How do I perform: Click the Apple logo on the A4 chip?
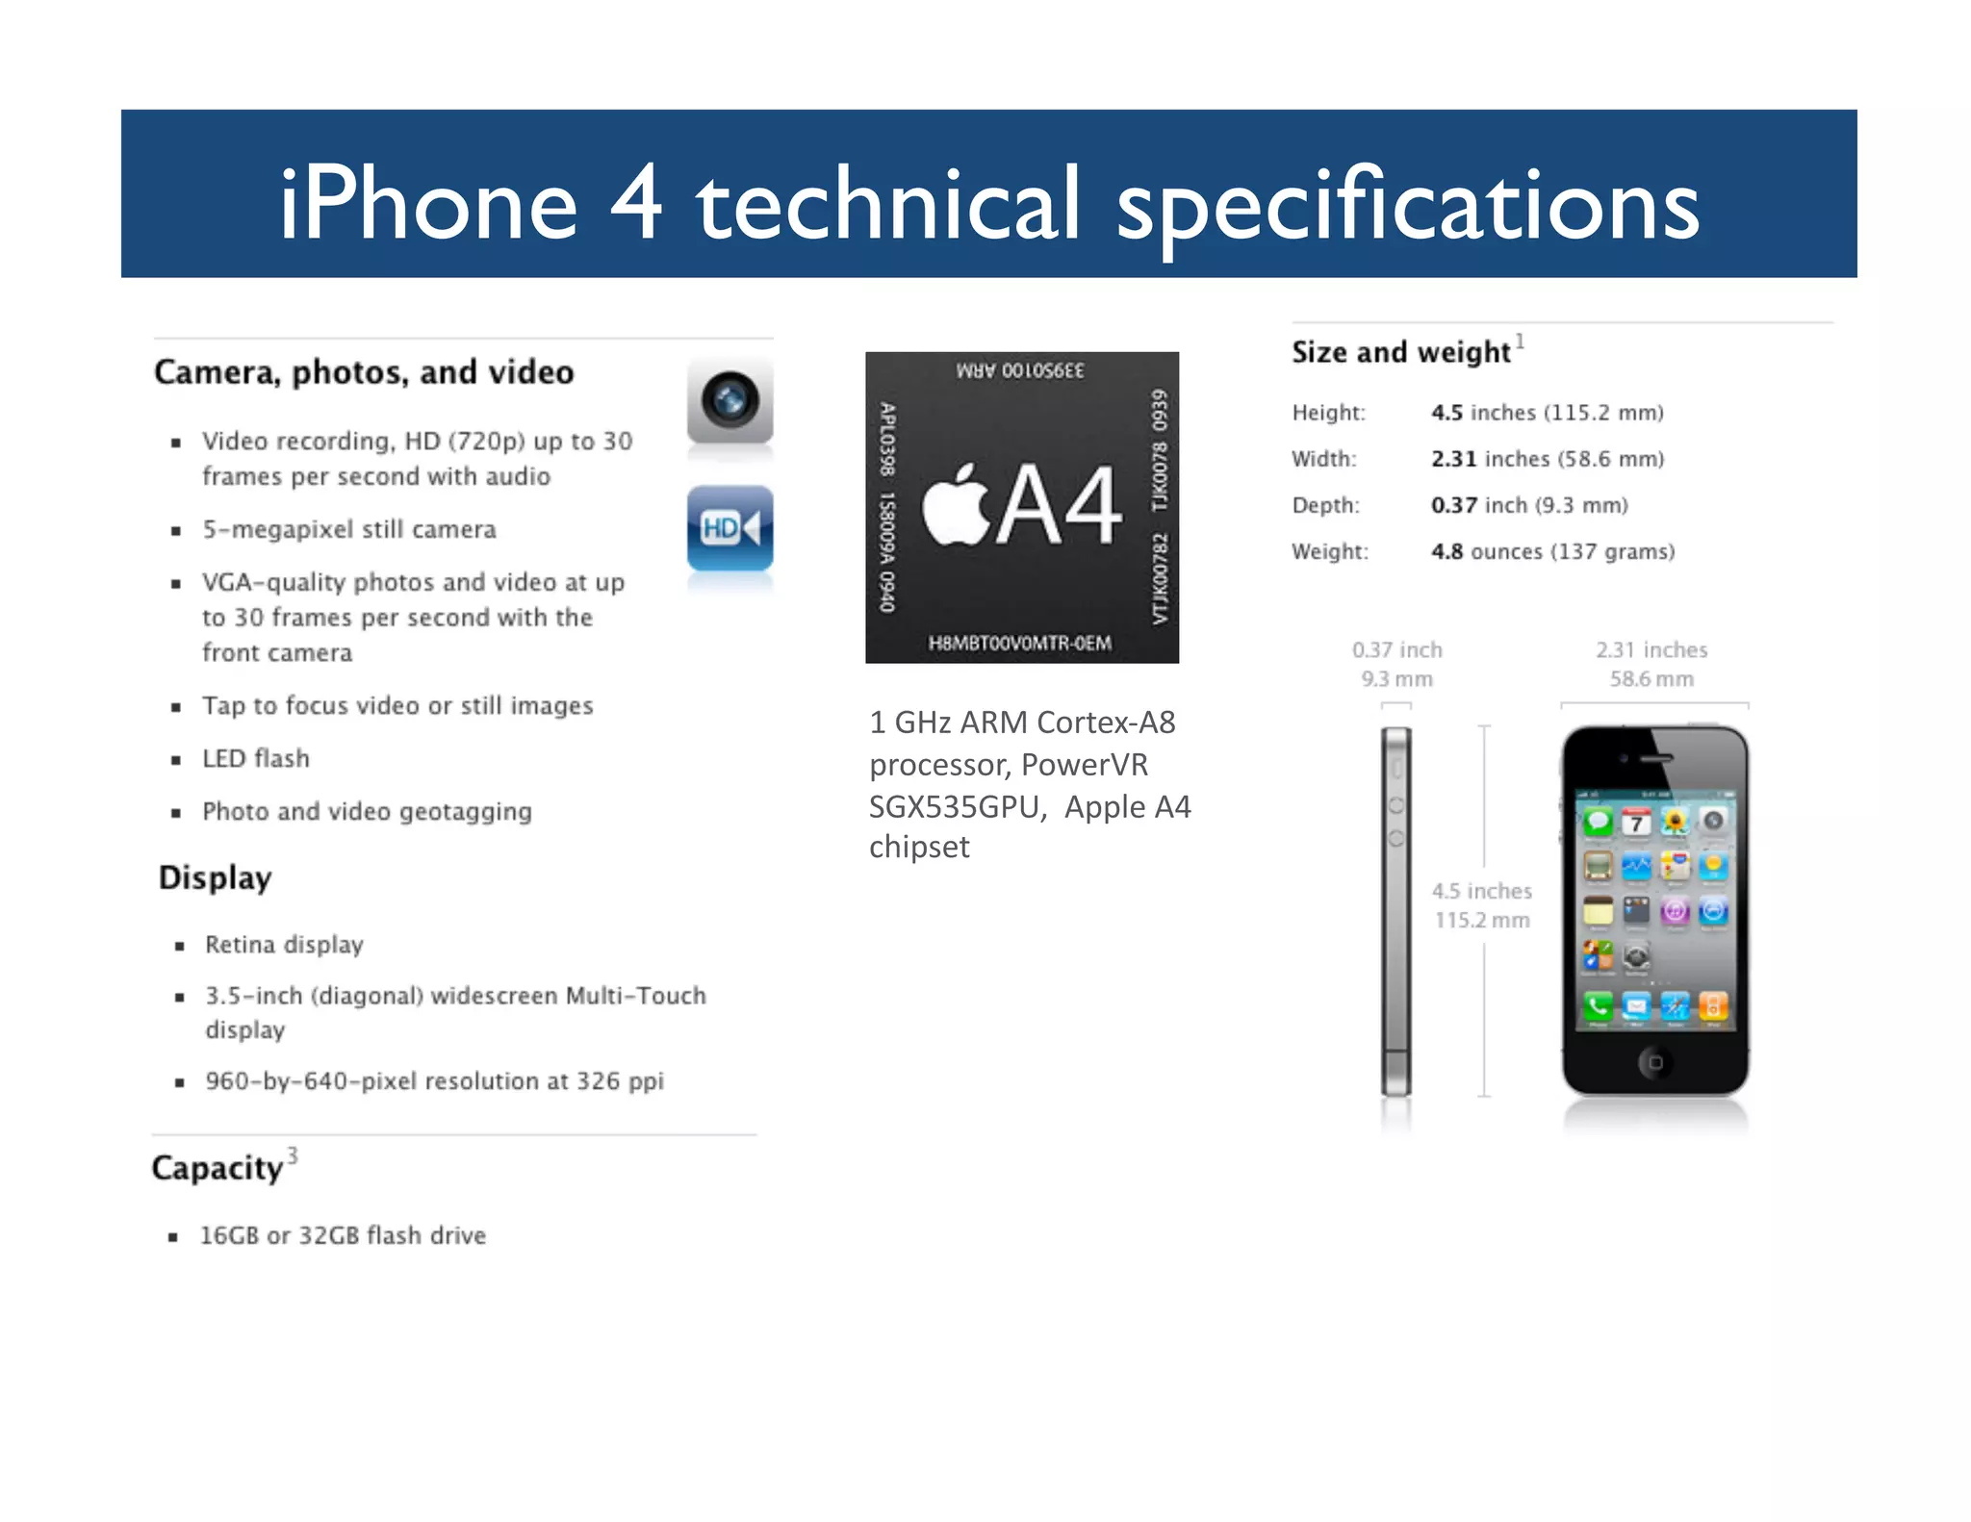pos(956,505)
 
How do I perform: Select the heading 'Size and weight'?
pos(1400,352)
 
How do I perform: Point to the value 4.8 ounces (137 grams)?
pos(1552,551)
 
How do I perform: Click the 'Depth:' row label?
pos(1325,505)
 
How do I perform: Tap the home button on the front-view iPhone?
pos(1654,1062)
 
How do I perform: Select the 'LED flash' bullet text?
pos(256,759)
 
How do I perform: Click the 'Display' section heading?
pos(216,877)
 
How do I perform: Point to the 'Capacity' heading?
pos(218,1168)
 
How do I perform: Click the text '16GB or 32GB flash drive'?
pos(343,1235)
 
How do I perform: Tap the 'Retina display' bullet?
pos(284,945)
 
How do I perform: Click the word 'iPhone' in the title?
pos(428,204)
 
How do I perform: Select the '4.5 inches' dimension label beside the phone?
pos(1481,891)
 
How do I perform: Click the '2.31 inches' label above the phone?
pos(1651,650)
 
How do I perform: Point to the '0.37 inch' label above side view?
pos(1396,650)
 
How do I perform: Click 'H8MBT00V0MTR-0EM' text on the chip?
pos(1020,643)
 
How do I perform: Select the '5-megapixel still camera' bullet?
pos(349,530)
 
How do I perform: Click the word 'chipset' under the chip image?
pos(919,848)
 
